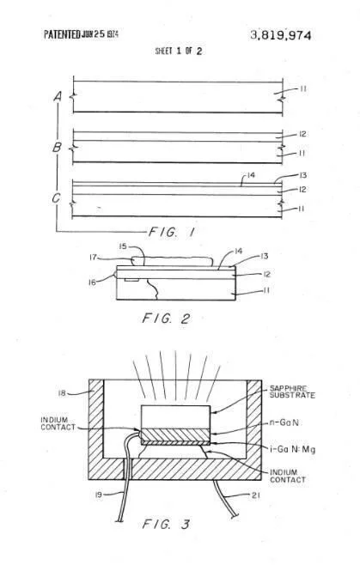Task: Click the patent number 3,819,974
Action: coord(281,35)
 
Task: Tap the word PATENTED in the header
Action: coord(62,34)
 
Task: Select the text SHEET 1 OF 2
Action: coord(179,51)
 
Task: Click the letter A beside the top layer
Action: coord(58,96)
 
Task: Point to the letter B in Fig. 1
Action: coord(57,148)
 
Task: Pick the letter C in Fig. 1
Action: coord(56,198)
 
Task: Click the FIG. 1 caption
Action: coord(171,232)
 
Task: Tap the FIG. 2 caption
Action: coord(166,319)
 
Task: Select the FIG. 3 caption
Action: coord(166,525)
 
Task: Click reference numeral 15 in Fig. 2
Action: coord(123,246)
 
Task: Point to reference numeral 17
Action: coord(94,258)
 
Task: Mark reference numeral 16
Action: coord(93,282)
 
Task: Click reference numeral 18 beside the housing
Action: coord(62,393)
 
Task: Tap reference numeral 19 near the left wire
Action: coord(99,495)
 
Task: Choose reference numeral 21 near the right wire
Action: coord(256,495)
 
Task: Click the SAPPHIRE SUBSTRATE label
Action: coord(292,392)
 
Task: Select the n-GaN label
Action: coord(284,422)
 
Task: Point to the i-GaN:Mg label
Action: coord(293,449)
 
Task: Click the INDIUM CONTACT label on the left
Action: coord(58,423)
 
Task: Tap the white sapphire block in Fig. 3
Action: coord(175,416)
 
